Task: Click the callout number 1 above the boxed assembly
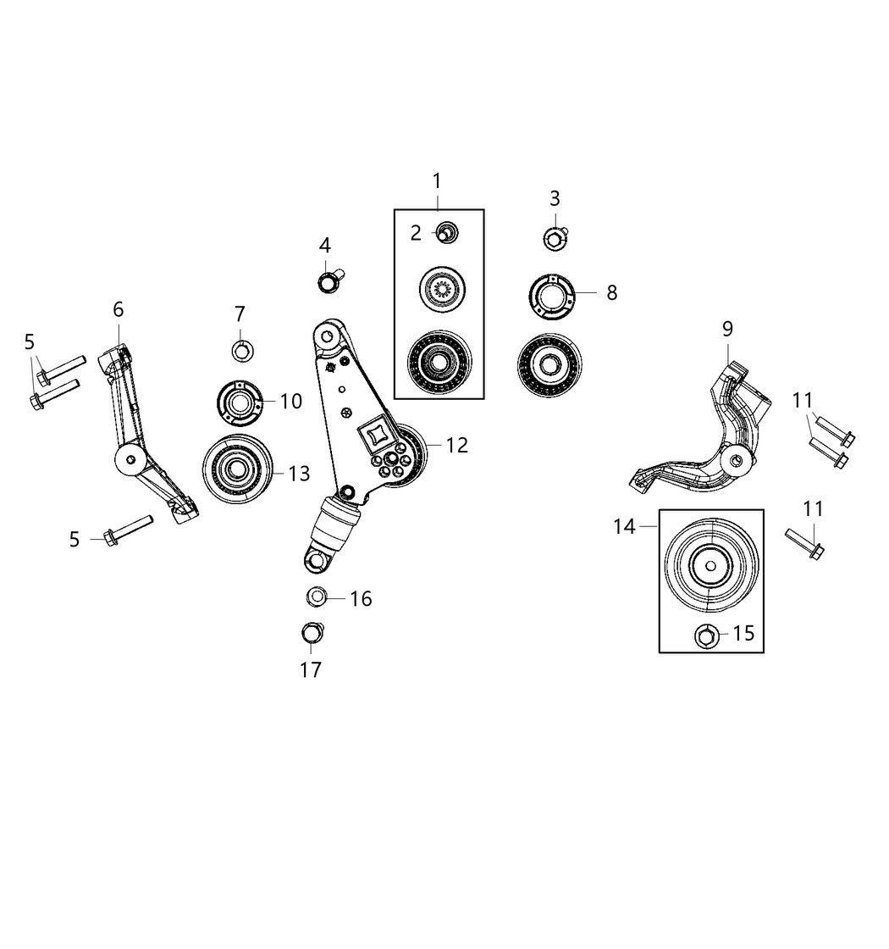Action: (437, 180)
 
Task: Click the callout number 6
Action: (118, 309)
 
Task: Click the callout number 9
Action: (727, 329)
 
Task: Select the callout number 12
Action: (456, 445)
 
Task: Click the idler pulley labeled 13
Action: (236, 470)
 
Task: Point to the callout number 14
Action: (624, 527)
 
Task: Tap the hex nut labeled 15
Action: (705, 635)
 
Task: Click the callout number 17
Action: (311, 669)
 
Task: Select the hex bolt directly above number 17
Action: (312, 633)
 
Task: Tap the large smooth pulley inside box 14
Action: (710, 567)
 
